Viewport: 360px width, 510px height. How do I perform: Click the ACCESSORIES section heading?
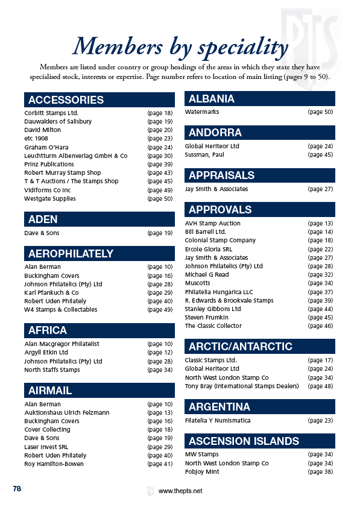pos(66,100)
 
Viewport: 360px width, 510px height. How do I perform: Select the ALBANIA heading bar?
pos(212,99)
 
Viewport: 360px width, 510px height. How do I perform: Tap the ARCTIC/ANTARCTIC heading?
pos(241,347)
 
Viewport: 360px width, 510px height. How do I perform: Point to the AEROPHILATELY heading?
pos(71,254)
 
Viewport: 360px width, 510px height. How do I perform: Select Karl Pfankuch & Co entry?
pos(51,292)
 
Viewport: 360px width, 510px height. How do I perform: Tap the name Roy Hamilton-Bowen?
pos(54,464)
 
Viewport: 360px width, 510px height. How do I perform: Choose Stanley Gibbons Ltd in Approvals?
pos(213,309)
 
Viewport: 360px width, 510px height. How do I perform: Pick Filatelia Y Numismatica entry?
pos(218,420)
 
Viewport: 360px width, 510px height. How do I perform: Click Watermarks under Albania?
pos(202,112)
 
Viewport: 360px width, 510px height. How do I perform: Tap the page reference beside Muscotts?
pos(320,283)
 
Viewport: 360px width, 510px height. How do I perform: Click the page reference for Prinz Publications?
pos(160,164)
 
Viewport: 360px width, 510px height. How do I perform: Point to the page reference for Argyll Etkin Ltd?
pos(160,352)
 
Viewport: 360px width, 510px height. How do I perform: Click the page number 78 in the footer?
pos(17,489)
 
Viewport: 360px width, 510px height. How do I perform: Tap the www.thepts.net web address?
pos(180,491)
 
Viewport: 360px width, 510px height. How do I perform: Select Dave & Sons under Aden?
pos(42,233)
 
